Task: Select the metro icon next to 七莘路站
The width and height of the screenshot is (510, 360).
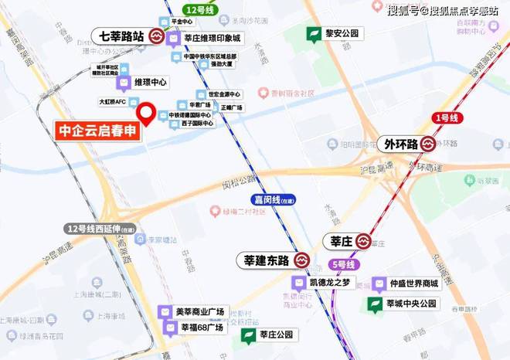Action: (156, 36)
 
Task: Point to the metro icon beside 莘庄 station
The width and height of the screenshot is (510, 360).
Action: (365, 242)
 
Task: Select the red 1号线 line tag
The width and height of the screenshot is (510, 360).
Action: (446, 117)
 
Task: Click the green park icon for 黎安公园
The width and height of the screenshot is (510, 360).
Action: (314, 34)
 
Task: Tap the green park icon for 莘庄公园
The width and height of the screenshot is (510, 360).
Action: (249, 335)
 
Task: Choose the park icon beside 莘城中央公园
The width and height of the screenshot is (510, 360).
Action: (376, 304)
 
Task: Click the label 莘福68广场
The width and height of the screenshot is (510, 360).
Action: (202, 327)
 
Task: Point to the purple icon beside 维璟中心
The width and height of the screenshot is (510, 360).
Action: (123, 82)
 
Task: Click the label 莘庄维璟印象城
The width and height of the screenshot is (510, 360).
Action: (212, 37)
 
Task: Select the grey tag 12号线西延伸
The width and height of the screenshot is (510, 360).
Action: (101, 229)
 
